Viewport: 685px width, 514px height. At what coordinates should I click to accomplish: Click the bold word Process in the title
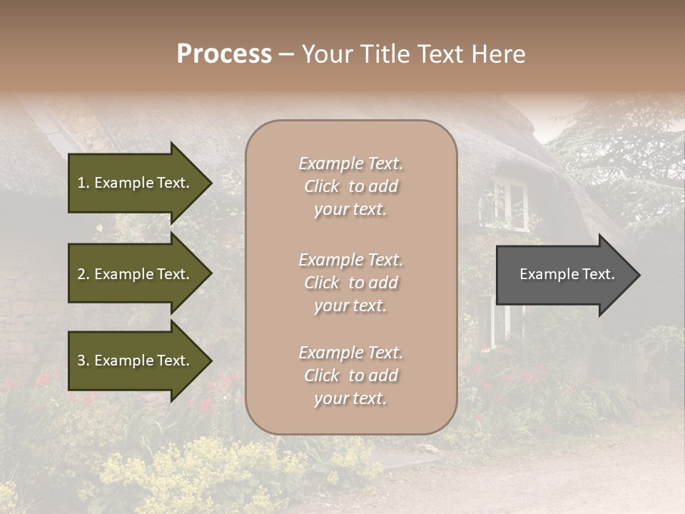click(x=224, y=54)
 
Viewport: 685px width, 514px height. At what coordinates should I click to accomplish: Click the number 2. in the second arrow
click(x=83, y=274)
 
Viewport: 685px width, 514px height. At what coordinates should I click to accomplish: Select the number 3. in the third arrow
click(x=83, y=361)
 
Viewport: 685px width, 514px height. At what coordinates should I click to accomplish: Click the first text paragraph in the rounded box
click(x=350, y=186)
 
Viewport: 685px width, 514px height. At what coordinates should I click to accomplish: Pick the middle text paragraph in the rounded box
click(x=350, y=283)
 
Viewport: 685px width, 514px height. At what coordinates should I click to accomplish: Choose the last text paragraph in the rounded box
click(x=350, y=376)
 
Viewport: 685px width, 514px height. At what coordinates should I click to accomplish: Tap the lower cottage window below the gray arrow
click(x=499, y=321)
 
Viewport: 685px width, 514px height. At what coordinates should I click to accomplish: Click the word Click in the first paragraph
click(x=322, y=187)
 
